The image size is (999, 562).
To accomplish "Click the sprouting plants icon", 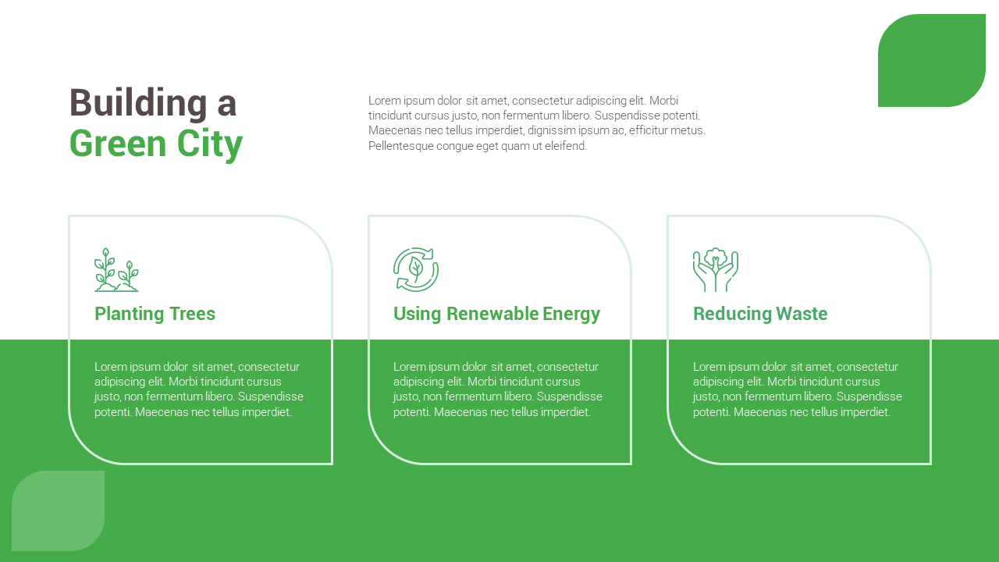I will [x=116, y=270].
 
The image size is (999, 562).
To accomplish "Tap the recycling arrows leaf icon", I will [x=416, y=270].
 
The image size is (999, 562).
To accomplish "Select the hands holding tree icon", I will [x=715, y=270].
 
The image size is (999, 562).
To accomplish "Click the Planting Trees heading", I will [x=155, y=314].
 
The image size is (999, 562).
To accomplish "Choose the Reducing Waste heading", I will [x=760, y=314].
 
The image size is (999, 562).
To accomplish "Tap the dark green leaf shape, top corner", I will [x=932, y=60].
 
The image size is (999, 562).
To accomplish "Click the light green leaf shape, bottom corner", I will [x=58, y=510].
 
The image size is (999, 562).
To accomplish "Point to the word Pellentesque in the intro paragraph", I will [x=400, y=146].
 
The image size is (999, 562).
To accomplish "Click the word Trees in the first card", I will [x=192, y=314].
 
